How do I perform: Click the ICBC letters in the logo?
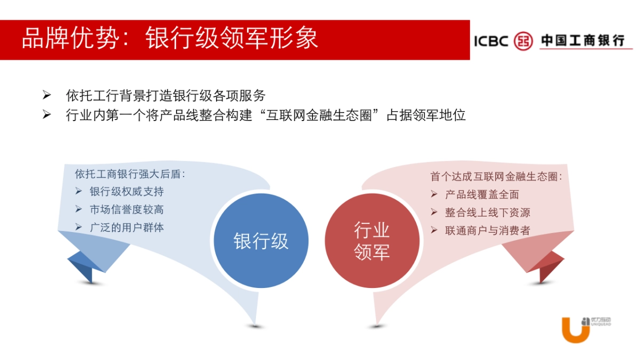[491, 41]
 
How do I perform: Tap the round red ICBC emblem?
[523, 41]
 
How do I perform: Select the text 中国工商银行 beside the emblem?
[582, 41]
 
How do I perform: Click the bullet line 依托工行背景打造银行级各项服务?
[165, 96]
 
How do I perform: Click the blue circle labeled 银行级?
[261, 241]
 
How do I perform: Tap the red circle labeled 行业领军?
[372, 241]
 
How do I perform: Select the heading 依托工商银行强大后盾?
[130, 174]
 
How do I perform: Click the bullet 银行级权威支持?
[126, 191]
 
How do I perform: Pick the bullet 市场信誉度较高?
[126, 210]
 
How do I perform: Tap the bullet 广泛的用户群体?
[126, 227]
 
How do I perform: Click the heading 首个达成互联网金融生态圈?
[496, 177]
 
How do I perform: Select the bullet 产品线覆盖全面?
[482, 195]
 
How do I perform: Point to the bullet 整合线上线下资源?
[487, 212]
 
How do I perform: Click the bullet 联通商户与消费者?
[487, 230]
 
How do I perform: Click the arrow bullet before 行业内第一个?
[47, 115]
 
